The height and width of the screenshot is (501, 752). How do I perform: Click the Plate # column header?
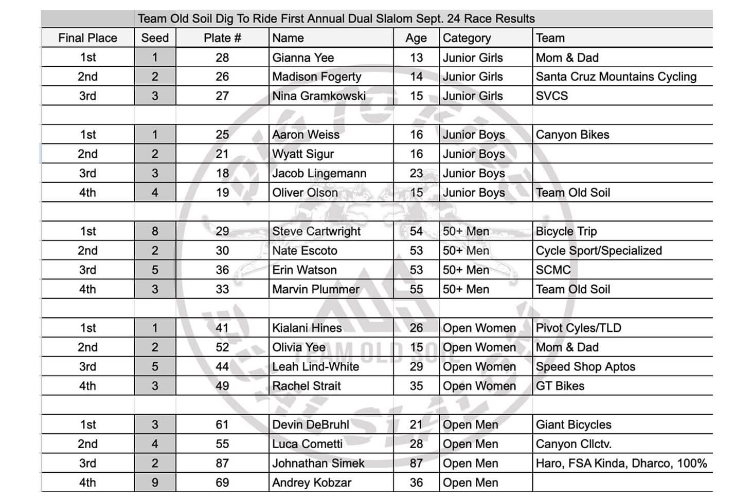[x=222, y=38]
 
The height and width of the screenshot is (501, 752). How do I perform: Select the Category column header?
[x=467, y=38]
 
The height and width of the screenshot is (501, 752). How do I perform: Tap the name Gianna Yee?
[x=303, y=58]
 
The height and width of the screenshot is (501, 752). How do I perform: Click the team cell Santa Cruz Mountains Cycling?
[x=616, y=77]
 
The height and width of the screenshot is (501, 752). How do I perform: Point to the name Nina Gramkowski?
[x=319, y=96]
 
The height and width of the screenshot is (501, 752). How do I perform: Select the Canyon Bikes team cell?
[x=572, y=135]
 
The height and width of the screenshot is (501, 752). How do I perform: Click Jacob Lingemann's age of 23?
[x=416, y=173]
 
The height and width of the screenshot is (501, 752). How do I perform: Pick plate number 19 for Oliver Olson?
[x=222, y=193]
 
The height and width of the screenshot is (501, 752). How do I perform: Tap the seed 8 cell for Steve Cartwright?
[x=155, y=231]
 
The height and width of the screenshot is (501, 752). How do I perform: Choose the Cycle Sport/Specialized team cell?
[x=599, y=251]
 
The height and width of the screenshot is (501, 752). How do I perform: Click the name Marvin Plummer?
[x=316, y=289]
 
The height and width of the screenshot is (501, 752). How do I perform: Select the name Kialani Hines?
[x=307, y=328]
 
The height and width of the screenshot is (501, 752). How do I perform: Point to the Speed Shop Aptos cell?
[x=585, y=366]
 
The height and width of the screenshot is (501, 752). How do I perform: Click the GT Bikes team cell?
[x=560, y=386]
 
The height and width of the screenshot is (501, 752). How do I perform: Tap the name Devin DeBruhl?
[x=311, y=424]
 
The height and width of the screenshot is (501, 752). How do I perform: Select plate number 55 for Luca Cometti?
[x=222, y=444]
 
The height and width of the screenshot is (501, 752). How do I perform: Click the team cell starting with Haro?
[x=621, y=463]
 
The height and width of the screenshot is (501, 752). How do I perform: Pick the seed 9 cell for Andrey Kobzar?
[x=155, y=483]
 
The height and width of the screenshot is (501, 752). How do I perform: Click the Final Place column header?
[x=87, y=38]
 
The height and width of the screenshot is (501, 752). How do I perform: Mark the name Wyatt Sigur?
[x=303, y=154]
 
